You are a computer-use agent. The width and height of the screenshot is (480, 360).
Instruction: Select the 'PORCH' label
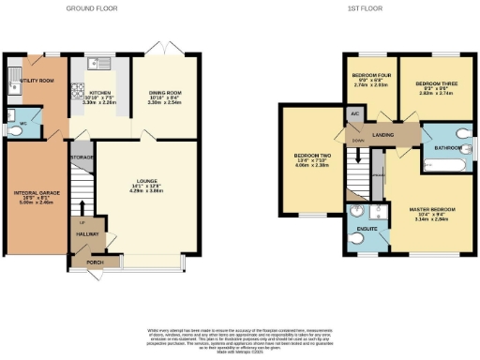click(94, 262)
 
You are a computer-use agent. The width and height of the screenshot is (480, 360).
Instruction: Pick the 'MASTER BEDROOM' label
click(432, 207)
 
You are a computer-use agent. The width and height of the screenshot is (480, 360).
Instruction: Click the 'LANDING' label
click(382, 136)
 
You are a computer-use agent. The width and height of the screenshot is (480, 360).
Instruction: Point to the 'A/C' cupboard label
click(354, 114)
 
